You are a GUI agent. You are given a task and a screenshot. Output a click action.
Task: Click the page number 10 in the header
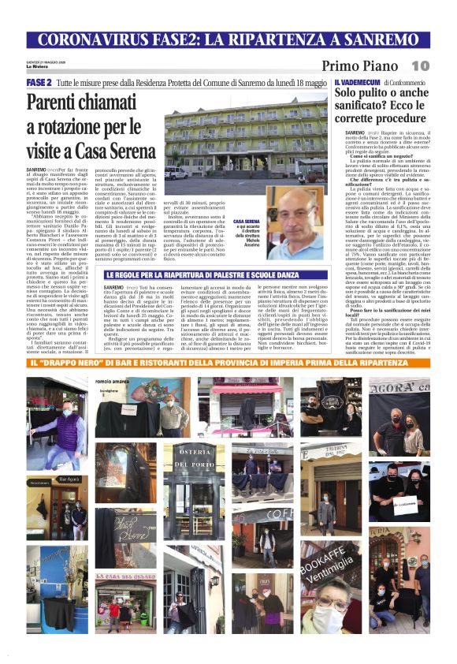(420, 65)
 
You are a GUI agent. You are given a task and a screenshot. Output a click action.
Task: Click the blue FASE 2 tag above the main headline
(39, 82)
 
